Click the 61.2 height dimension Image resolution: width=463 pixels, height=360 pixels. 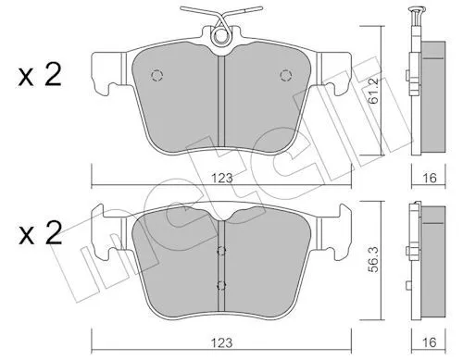click(x=374, y=93)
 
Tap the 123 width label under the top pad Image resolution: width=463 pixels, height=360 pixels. click(x=221, y=179)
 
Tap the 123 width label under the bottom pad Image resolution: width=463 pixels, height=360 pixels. click(x=221, y=342)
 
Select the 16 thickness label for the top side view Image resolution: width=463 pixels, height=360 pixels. click(x=430, y=178)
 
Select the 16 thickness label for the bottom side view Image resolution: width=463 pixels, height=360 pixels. click(x=430, y=342)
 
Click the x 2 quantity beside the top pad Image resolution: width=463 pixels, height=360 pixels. click(x=40, y=75)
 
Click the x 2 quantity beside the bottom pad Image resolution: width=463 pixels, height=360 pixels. click(x=40, y=233)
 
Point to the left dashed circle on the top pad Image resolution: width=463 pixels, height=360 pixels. click(x=156, y=75)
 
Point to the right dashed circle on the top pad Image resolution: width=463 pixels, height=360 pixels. click(x=286, y=75)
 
